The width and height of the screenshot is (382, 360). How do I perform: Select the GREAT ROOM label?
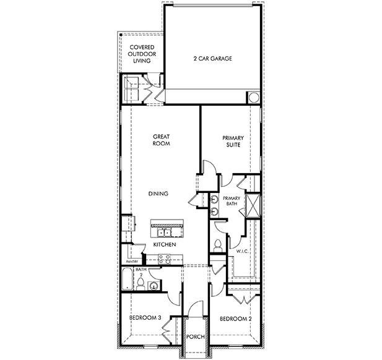(161, 140)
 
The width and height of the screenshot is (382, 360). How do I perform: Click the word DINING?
(158, 194)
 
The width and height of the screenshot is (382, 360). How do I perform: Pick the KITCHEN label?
(165, 245)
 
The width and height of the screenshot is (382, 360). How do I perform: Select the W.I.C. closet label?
(243, 251)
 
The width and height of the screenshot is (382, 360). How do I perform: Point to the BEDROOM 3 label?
(145, 318)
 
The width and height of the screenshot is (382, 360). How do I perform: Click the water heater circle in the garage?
(253, 98)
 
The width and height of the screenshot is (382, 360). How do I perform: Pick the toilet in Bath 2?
(141, 284)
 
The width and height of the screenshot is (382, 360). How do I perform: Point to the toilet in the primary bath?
(217, 245)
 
